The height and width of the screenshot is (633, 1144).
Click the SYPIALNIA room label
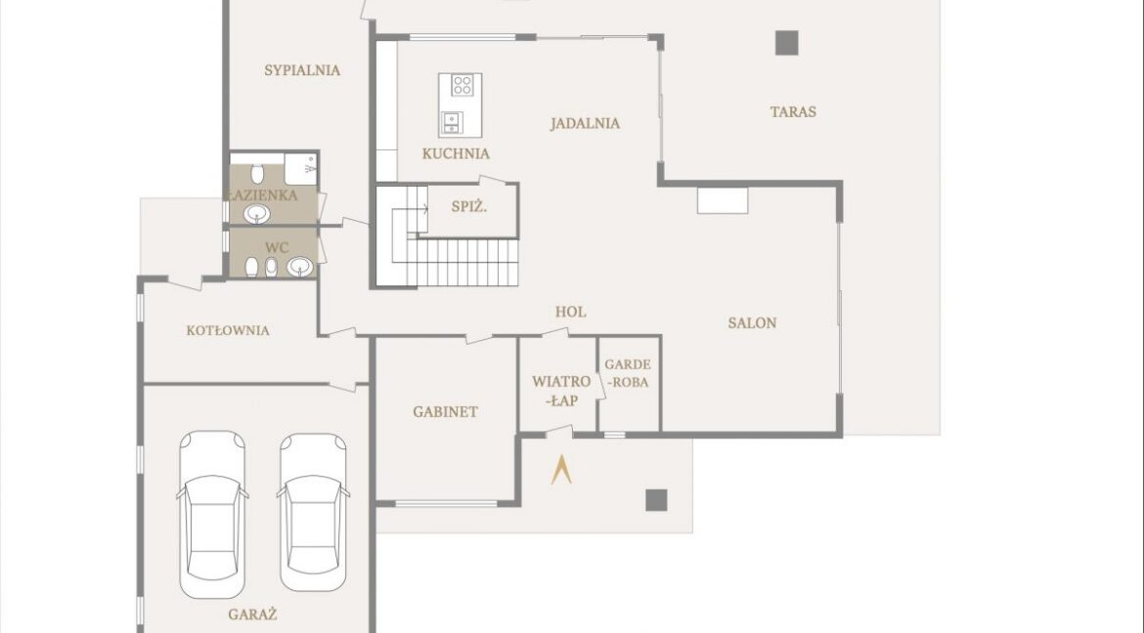(x=302, y=70)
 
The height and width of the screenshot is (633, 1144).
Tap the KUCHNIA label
(x=456, y=154)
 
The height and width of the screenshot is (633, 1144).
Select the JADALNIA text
(x=585, y=123)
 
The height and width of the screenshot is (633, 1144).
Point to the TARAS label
(x=793, y=112)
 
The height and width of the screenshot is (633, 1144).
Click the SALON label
(x=752, y=323)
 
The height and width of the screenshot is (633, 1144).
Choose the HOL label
(x=571, y=313)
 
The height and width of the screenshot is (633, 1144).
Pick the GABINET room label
(x=446, y=412)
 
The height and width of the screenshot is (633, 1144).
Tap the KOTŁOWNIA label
(x=228, y=330)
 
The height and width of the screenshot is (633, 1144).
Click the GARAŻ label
(x=252, y=614)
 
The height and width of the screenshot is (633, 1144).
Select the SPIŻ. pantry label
(x=469, y=207)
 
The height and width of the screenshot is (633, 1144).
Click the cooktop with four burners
(x=462, y=85)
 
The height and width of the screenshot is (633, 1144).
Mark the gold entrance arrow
(x=561, y=470)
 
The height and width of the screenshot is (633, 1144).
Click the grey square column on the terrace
(x=786, y=43)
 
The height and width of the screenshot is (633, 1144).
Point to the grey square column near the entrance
(x=657, y=500)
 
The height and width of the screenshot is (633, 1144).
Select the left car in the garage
(x=212, y=515)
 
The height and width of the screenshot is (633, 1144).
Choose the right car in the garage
(x=313, y=513)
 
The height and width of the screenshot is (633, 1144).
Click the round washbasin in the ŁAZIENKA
(x=257, y=214)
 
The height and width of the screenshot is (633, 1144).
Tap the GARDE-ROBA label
(x=628, y=373)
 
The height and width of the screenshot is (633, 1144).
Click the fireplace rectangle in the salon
(x=723, y=201)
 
